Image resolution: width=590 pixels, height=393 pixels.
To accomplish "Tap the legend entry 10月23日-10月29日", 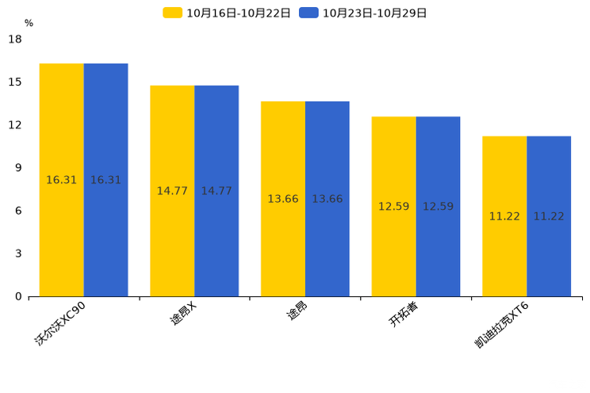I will tap(364, 13).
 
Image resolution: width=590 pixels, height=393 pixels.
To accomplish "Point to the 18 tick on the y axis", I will tap(15, 40).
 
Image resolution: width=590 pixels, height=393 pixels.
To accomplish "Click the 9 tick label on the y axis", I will tap(18, 168).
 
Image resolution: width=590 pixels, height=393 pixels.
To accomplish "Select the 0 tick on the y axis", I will tap(18, 297).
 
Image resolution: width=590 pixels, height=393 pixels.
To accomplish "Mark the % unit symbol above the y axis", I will tap(29, 24).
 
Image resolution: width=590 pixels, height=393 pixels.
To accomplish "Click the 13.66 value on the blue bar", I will tap(327, 199).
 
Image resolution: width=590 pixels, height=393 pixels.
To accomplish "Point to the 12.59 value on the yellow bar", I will tap(393, 207).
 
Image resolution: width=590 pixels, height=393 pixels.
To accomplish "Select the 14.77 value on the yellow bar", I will tap(172, 191).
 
